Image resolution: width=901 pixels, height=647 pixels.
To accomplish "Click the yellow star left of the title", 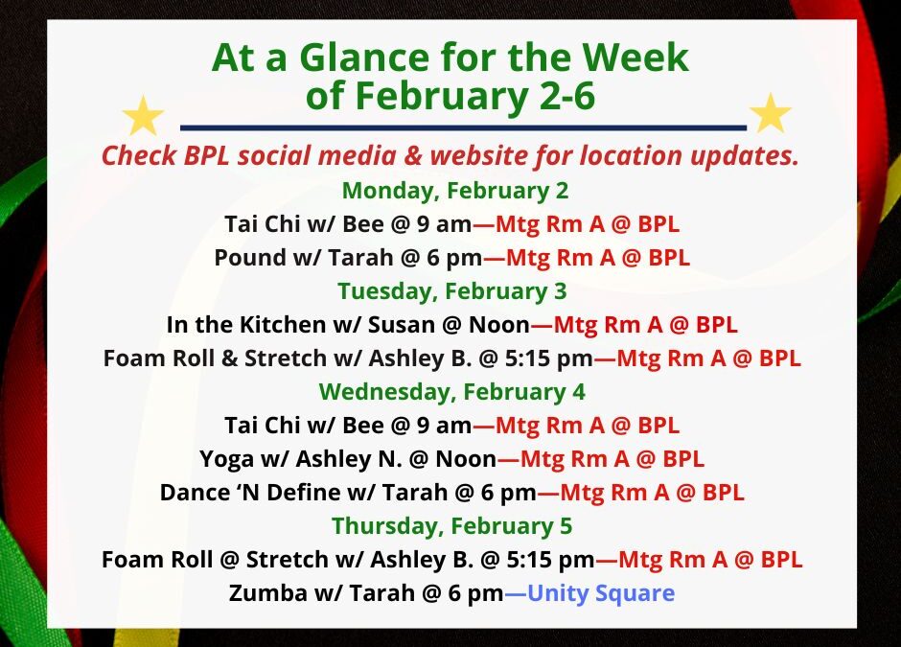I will click(144, 116).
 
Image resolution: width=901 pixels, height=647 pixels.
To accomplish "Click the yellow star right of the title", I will click(771, 114).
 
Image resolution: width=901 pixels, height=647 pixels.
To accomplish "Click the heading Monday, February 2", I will click(454, 191).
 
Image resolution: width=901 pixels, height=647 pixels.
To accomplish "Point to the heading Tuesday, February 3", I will click(451, 290).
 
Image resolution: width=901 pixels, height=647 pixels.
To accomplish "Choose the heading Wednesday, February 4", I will click(451, 392).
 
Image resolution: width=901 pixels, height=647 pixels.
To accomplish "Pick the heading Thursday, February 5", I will click(451, 526).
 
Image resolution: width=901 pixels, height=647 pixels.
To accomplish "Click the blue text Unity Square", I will click(601, 593).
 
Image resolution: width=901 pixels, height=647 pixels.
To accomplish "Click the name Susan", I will click(400, 325).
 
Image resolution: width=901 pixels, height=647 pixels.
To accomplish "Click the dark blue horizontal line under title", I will click(463, 127).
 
